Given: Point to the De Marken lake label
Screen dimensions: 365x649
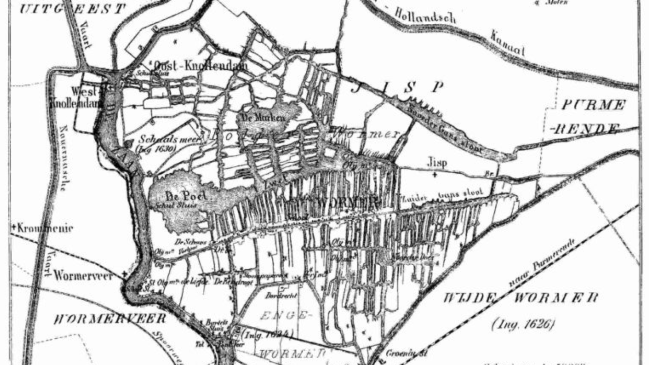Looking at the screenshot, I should point(263,118).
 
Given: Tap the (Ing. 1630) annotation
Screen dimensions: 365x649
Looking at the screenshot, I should point(156,149).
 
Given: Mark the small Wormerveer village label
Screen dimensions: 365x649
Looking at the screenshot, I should point(83,276).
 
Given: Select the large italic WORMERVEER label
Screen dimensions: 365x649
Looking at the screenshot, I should point(110,319).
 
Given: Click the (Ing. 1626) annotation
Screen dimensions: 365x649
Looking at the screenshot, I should point(523,324).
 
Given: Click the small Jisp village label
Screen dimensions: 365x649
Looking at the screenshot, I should point(437,162).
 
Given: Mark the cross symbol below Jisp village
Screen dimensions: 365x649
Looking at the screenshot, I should point(435,175).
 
